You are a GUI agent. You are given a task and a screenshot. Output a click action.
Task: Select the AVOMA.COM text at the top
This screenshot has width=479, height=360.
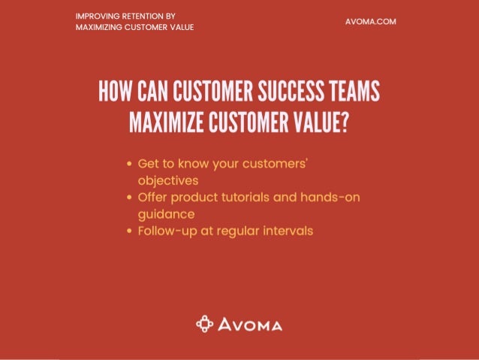coord(370,21)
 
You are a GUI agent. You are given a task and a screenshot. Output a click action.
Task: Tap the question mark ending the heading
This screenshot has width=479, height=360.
coord(344,121)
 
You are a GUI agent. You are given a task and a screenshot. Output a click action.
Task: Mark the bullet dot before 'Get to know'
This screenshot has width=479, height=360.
coord(131,162)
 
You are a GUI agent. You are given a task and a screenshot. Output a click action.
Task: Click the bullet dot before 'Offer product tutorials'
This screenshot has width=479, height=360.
coord(131,197)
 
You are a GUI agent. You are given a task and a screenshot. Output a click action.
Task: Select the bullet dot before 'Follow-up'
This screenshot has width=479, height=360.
coord(131,231)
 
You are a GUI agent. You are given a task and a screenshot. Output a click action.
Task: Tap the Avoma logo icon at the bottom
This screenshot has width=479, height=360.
coord(204,325)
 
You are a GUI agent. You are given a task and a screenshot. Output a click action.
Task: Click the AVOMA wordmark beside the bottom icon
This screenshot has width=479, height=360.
coord(250,325)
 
